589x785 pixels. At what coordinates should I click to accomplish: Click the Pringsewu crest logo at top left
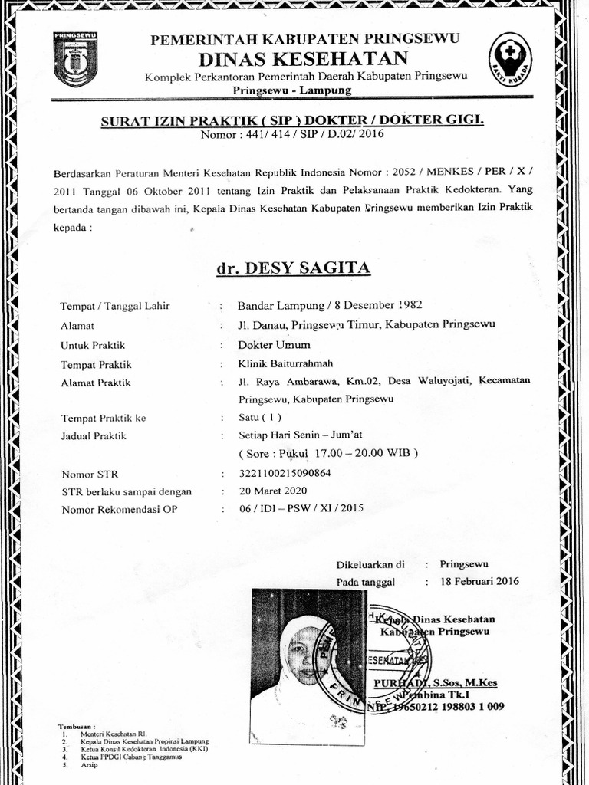pyautogui.click(x=75, y=59)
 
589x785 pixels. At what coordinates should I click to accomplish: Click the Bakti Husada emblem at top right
pyautogui.click(x=510, y=58)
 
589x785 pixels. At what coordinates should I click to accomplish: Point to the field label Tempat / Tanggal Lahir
pyautogui.click(x=115, y=306)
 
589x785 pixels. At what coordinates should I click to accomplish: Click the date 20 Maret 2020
pyautogui.click(x=272, y=491)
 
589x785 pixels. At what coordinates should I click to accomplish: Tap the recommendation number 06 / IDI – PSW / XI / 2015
pyautogui.click(x=301, y=508)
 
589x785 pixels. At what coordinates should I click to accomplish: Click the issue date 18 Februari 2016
pyautogui.click(x=480, y=581)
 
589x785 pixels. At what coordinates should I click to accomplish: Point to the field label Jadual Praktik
pyautogui.click(x=94, y=436)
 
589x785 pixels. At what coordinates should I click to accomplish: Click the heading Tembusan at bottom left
pyautogui.click(x=77, y=726)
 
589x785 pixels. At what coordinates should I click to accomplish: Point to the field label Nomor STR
pyautogui.click(x=90, y=475)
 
